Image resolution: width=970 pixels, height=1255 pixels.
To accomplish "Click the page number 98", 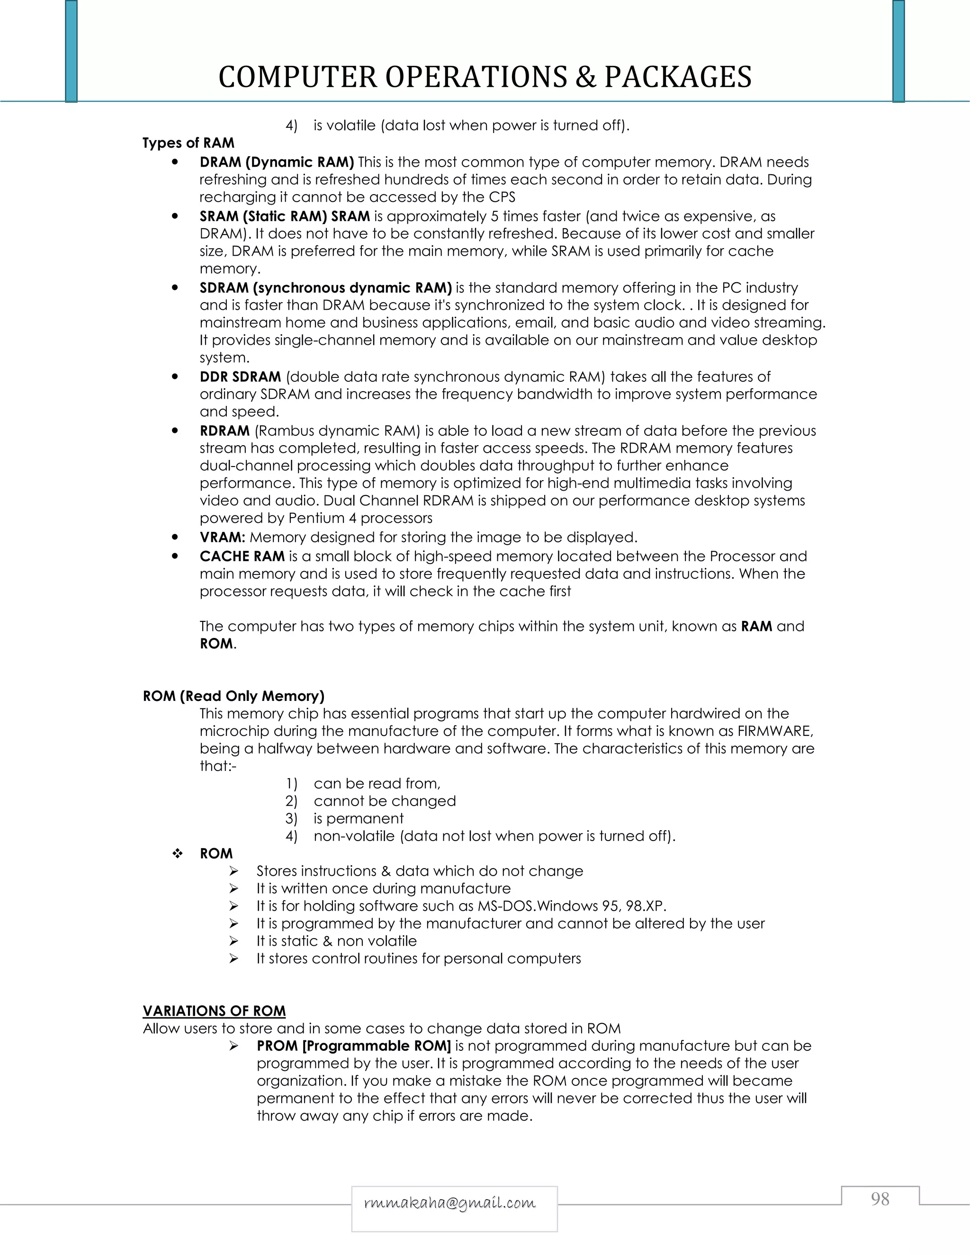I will click(x=880, y=1199).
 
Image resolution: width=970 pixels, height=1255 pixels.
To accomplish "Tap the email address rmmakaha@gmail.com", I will click(x=450, y=1203).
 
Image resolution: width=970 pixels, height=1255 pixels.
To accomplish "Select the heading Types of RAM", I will click(x=189, y=143).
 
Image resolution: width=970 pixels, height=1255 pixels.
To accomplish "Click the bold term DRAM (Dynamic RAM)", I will click(x=277, y=162).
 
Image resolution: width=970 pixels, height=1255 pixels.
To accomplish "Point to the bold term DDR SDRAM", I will click(x=240, y=377).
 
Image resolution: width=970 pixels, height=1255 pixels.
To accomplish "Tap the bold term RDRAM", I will click(x=225, y=431).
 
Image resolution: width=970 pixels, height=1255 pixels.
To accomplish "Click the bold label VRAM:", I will click(x=223, y=538).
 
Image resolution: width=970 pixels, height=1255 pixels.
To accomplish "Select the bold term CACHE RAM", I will click(x=242, y=556).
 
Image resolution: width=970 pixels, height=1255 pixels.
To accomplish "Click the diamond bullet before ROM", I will click(x=177, y=854).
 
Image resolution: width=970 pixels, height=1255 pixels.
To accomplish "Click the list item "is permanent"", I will click(x=358, y=818).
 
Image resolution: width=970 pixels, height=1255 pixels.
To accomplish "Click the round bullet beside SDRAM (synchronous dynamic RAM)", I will click(x=175, y=288).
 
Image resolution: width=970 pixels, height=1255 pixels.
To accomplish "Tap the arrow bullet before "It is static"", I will click(x=234, y=941).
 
